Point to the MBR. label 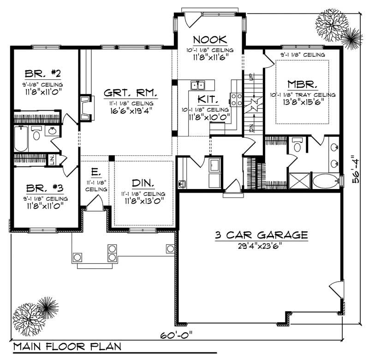coord(302,84)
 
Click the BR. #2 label coord(44,75)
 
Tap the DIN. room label coord(143,183)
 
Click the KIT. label coord(207,99)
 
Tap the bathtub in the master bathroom coord(326,181)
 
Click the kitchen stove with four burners coord(237,100)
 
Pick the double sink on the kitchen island coord(198,85)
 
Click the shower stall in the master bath coord(298,180)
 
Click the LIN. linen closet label coord(52,159)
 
